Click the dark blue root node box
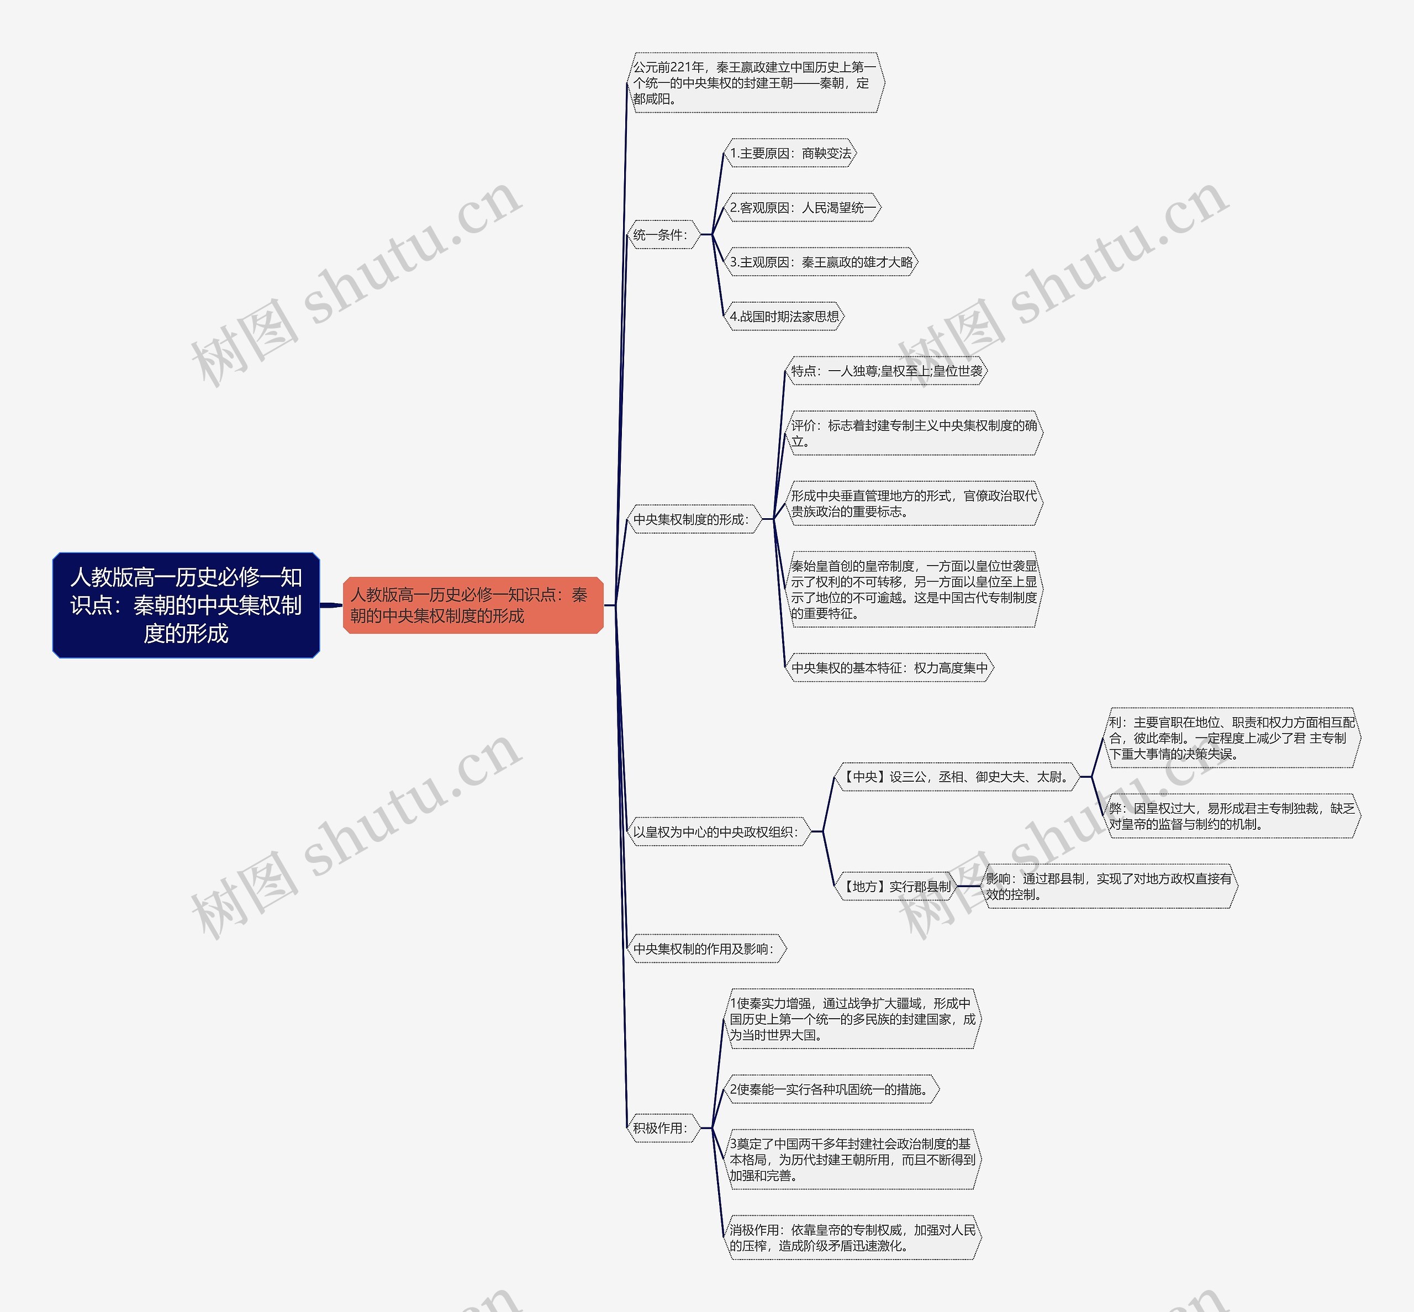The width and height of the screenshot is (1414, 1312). tap(186, 605)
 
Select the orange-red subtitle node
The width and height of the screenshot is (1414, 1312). tap(473, 605)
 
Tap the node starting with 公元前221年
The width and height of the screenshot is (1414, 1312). tap(755, 83)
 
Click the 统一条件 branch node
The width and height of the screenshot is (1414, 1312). tap(662, 235)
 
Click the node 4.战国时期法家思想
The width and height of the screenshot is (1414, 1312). tap(784, 317)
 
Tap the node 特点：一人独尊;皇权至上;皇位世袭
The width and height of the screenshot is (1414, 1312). tap(887, 371)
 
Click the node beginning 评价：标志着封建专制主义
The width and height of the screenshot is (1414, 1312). tap(914, 433)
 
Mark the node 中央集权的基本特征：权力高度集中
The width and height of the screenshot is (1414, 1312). tap(889, 668)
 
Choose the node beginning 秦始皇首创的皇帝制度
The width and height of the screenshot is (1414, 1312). tap(914, 589)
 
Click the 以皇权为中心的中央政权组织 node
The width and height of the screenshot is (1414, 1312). tap(717, 832)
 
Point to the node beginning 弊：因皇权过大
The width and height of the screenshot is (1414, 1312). tap(1232, 816)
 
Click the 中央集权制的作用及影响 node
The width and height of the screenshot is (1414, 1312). tap(705, 949)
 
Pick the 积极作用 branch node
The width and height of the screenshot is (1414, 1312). tap(662, 1128)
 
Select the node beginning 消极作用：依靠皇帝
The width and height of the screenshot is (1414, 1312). tap(852, 1238)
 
